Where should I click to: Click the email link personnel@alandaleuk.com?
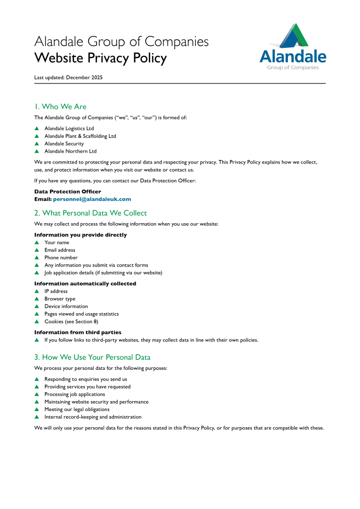click(x=92, y=199)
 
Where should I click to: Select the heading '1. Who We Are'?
click(x=60, y=106)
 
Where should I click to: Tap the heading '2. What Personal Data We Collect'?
click(x=90, y=213)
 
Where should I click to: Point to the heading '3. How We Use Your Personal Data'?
click(x=92, y=357)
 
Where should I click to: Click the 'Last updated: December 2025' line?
click(x=69, y=78)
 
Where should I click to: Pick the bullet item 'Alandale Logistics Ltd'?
click(x=69, y=128)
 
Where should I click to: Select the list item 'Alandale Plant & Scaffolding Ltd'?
click(x=80, y=136)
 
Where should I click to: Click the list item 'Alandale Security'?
click(x=64, y=144)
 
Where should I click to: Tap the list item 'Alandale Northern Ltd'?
click(x=71, y=151)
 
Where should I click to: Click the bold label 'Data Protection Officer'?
click(x=68, y=191)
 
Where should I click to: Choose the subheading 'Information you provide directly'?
click(x=81, y=235)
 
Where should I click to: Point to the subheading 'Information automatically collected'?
click(x=85, y=283)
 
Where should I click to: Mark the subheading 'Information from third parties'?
click(x=78, y=332)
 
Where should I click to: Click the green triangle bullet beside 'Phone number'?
click(x=37, y=257)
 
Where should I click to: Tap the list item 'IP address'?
click(x=56, y=291)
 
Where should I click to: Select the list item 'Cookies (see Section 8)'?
click(x=71, y=322)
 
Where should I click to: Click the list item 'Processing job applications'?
click(x=75, y=394)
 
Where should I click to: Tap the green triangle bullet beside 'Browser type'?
click(x=37, y=299)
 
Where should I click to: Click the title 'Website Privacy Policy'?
click(x=100, y=58)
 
